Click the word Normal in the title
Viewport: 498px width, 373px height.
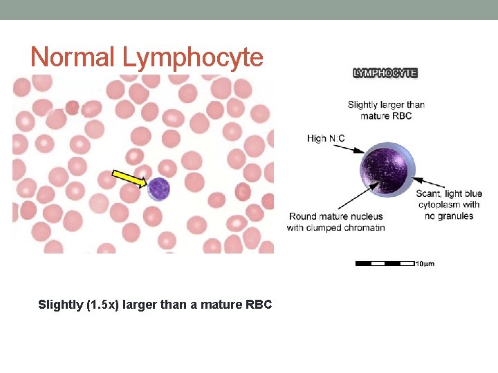[71, 57]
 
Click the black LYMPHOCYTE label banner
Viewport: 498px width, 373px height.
[385, 73]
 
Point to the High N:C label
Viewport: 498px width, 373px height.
[326, 139]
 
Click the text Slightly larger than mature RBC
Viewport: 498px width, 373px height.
[386, 110]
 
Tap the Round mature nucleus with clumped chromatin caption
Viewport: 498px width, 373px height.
[336, 222]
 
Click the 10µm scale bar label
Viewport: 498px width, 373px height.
[425, 264]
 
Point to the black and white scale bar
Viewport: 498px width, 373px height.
[385, 263]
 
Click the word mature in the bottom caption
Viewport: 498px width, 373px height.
[219, 305]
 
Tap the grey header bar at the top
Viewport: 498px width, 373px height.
[249, 10]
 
